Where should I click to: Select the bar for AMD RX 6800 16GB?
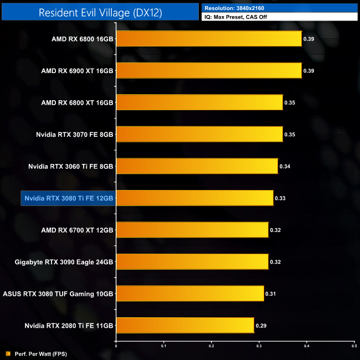[x=209, y=39]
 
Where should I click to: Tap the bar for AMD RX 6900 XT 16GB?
[x=209, y=70]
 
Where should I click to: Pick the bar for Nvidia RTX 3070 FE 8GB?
[x=199, y=134]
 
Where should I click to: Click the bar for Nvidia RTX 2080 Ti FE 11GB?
[x=185, y=325]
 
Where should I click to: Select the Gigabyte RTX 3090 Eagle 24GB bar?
[x=192, y=261]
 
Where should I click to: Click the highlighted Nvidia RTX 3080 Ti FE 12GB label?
[x=68, y=198]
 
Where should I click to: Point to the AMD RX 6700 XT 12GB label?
[x=77, y=229]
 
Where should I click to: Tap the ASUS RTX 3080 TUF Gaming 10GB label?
[x=58, y=293]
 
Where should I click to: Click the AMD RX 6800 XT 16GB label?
[x=77, y=102]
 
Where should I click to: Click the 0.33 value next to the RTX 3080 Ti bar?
[x=280, y=198]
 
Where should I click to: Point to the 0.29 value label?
[x=261, y=325]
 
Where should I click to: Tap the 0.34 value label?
[x=285, y=166]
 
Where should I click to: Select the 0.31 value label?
[x=270, y=293]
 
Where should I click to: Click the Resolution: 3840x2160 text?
[x=233, y=8]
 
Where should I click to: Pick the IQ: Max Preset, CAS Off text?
[x=241, y=17]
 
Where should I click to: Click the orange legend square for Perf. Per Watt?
[x=7, y=353]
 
